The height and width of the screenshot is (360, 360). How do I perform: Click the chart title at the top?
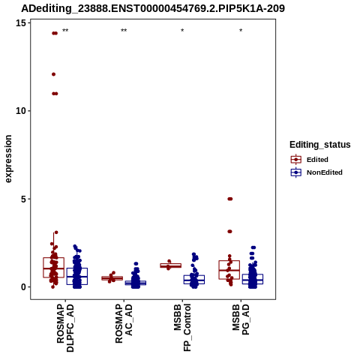pos(153,8)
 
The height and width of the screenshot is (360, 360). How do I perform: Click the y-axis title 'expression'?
pos(8,159)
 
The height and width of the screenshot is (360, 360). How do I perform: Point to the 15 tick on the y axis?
pos(21,23)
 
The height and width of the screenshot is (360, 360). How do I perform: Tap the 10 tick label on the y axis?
pos(21,111)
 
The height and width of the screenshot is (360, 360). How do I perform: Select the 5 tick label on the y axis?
pos(23,199)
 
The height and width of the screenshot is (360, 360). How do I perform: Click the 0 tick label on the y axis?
pos(23,287)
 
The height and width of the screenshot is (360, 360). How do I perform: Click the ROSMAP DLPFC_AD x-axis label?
pos(65,328)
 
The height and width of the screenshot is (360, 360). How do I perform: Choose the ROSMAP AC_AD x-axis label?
pos(124,324)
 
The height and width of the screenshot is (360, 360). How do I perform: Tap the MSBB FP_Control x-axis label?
pos(182,328)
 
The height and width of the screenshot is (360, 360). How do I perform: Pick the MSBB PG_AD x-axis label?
pos(241,319)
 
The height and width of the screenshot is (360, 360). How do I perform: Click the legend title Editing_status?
pos(320,145)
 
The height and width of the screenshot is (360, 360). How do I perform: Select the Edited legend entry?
pos(310,160)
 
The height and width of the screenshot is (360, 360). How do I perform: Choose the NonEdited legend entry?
pos(316,172)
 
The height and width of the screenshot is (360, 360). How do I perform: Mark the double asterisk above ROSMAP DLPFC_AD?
pos(65,31)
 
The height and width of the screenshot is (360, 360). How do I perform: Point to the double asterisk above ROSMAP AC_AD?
pos(124,31)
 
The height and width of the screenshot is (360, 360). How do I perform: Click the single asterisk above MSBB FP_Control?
pos(182,31)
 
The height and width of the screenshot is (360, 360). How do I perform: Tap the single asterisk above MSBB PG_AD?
pos(241,31)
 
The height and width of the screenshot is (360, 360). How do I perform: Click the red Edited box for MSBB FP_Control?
pos(171,265)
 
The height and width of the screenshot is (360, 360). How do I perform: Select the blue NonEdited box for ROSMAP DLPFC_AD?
pos(77,276)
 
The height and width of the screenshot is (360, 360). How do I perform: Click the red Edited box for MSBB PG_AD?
pos(229,270)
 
